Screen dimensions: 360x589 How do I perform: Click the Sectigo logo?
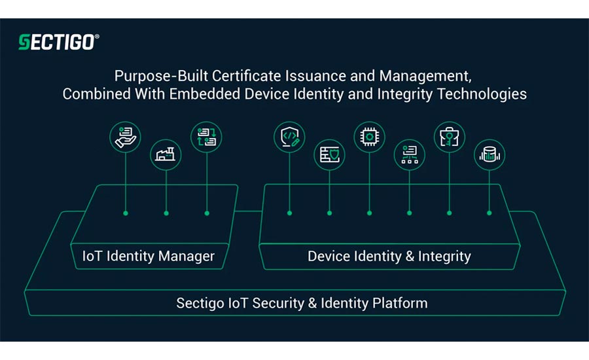click(x=59, y=43)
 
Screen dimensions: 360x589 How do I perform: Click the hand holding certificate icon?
click(x=126, y=136)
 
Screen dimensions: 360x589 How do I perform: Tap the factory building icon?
click(x=166, y=154)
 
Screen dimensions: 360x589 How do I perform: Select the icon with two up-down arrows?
click(x=207, y=136)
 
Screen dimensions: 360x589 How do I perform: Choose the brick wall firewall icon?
click(x=329, y=154)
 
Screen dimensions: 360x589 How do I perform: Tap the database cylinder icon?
click(x=490, y=154)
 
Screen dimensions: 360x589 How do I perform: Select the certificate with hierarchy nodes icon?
click(x=410, y=154)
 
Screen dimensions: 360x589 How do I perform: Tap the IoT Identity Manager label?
click(x=149, y=256)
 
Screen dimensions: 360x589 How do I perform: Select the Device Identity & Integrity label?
click(x=389, y=256)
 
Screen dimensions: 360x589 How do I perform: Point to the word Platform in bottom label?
click(x=397, y=303)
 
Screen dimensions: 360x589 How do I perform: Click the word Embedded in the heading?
click(x=198, y=94)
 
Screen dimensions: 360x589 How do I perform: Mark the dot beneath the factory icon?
click(x=166, y=213)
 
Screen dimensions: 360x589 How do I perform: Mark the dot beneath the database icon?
click(x=490, y=213)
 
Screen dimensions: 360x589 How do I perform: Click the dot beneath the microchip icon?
click(x=370, y=213)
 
